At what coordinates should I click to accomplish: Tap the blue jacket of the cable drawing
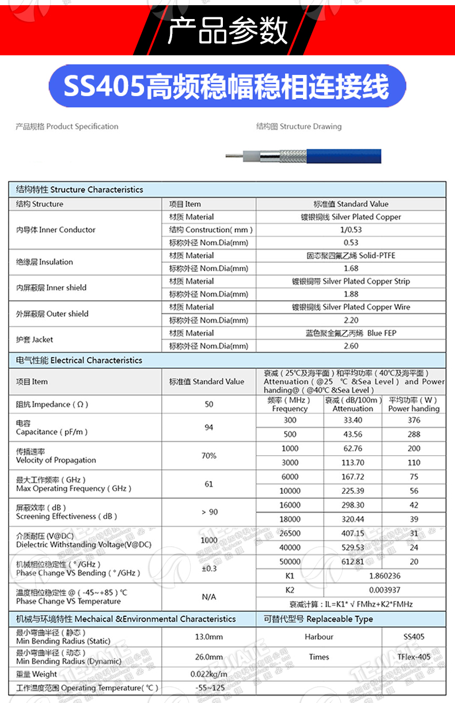pos(346,154)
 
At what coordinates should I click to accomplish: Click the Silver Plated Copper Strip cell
pos(351,281)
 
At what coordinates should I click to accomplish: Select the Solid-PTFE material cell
pos(351,255)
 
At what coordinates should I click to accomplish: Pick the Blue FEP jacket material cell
pos(351,333)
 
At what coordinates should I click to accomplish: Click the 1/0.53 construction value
pos(351,229)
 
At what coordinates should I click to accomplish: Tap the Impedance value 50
pos(208,404)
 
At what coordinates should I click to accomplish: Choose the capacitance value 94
pos(208,427)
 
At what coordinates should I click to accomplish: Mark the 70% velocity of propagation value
pos(208,455)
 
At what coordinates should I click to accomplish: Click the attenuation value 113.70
pos(352,462)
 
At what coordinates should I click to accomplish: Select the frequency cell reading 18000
pos(290,519)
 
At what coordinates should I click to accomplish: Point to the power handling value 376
pos(414,420)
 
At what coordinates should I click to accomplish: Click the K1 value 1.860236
pos(384,575)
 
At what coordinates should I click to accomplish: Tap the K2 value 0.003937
pos(384,589)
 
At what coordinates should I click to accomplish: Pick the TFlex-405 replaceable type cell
pos(414,657)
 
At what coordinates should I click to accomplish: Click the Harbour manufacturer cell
pos(318,637)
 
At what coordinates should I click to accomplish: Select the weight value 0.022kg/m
pos(208,674)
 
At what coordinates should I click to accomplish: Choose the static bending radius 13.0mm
pos(208,637)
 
